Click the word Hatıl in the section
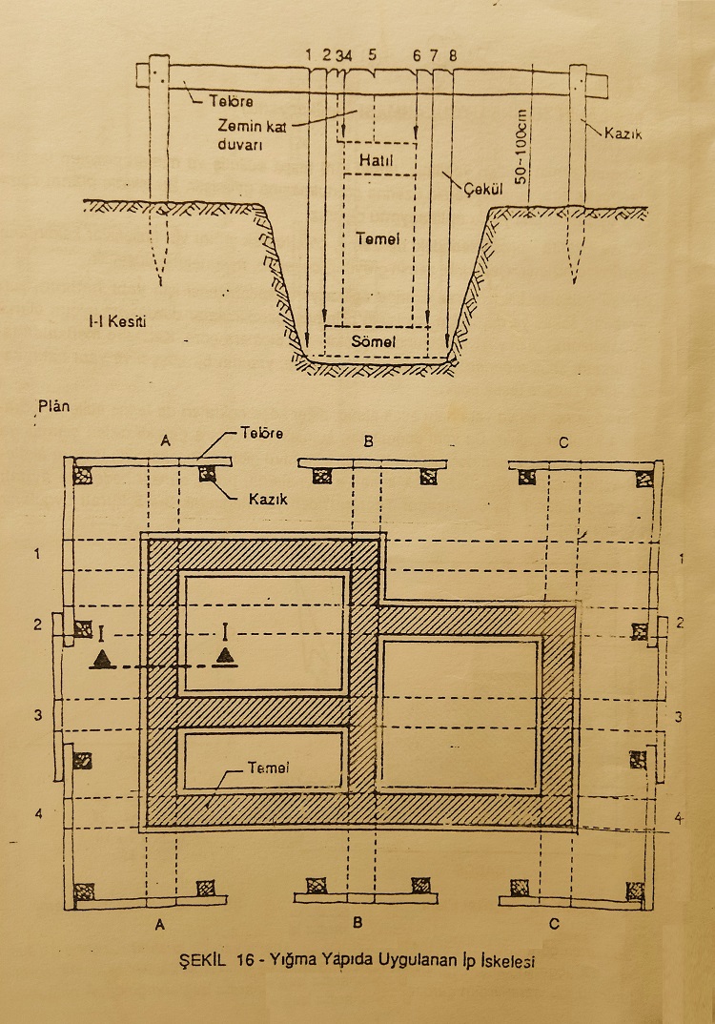(x=377, y=160)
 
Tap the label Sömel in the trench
(x=374, y=341)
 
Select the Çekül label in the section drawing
(x=483, y=190)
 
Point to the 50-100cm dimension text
(x=520, y=146)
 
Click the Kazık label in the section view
(x=623, y=133)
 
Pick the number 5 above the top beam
(x=372, y=55)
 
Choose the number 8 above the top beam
(x=453, y=55)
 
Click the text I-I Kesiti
(x=117, y=321)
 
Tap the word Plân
(x=53, y=406)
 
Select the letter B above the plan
(x=368, y=442)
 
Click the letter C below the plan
(x=555, y=924)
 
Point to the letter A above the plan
(x=166, y=441)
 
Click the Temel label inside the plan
(x=269, y=768)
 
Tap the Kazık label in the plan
(x=268, y=500)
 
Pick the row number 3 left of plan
(x=38, y=715)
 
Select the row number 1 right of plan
(x=682, y=559)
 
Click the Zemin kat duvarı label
(x=252, y=135)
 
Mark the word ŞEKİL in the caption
(x=202, y=960)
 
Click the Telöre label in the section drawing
(x=231, y=101)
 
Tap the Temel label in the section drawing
(x=378, y=239)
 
